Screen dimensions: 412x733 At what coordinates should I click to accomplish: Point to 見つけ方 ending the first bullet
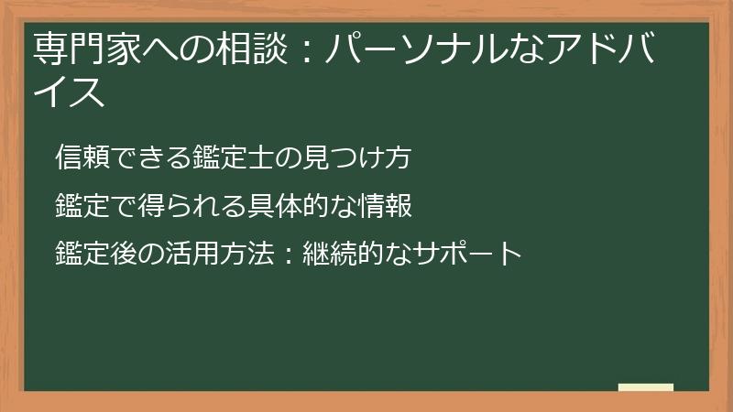click(352, 157)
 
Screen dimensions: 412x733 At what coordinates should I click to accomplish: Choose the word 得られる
click(180, 206)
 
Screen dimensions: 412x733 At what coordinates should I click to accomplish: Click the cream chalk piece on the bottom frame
click(646, 387)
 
